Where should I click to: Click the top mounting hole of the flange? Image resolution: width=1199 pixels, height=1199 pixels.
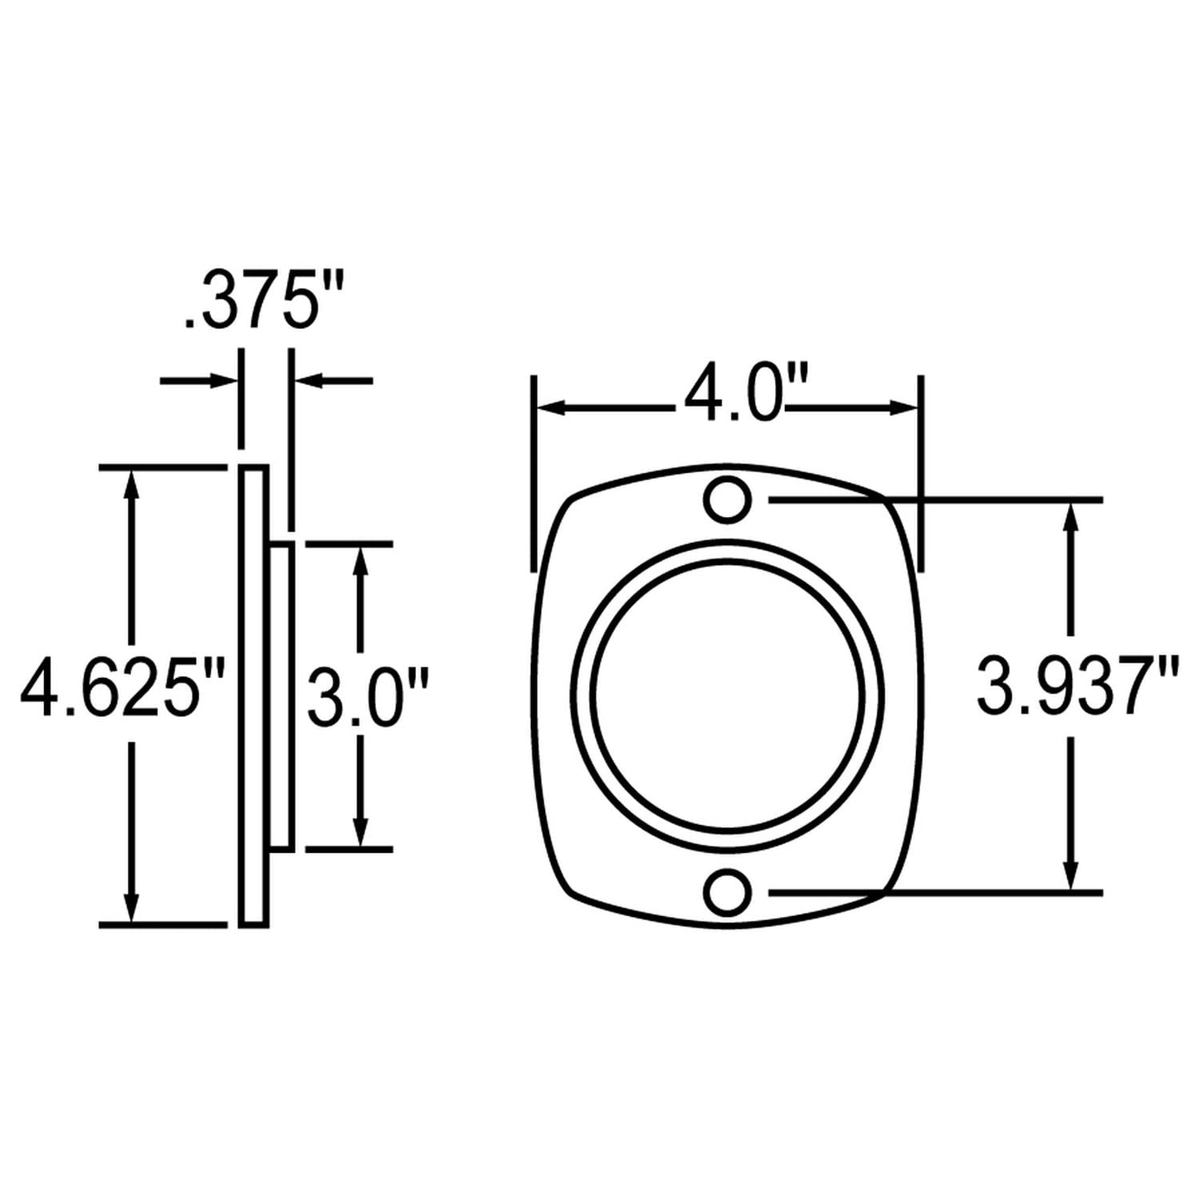[728, 500]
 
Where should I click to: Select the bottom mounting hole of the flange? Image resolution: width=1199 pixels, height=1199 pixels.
[728, 893]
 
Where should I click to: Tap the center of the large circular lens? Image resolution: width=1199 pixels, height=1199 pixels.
[728, 695]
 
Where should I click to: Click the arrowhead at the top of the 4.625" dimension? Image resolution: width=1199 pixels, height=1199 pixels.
[129, 482]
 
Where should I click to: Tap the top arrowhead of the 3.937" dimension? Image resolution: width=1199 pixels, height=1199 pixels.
[1070, 516]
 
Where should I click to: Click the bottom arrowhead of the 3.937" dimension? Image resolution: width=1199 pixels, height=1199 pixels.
[1070, 877]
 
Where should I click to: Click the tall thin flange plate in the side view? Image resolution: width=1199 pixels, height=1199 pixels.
[253, 695]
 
